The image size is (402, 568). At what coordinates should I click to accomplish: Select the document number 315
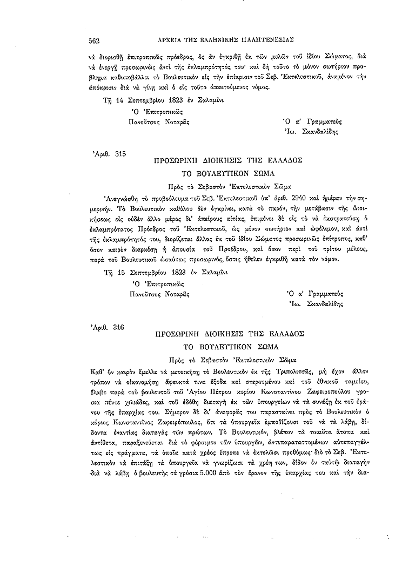120,154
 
